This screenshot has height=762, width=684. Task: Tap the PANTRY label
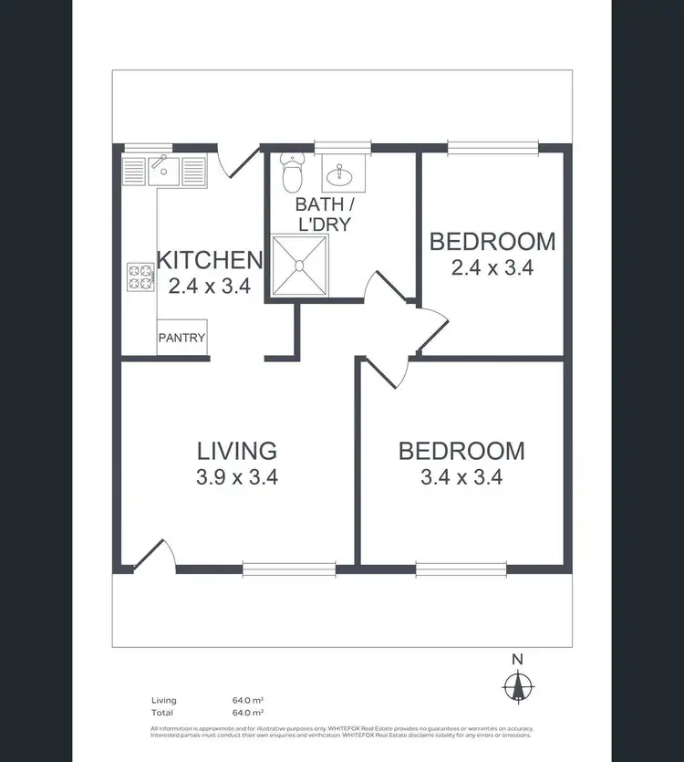tap(182, 338)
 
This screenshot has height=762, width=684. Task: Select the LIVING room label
tap(237, 450)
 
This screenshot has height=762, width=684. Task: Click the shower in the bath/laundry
tap(299, 266)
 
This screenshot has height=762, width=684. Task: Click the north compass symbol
tap(518, 685)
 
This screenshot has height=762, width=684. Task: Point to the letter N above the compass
tap(517, 660)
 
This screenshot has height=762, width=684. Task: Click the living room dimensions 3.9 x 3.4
tap(237, 475)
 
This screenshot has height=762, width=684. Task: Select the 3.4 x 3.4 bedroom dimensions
tap(461, 475)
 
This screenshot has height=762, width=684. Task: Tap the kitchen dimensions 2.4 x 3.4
tap(210, 286)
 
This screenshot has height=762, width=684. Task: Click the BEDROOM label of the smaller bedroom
tap(492, 242)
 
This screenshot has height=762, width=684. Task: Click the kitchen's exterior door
tap(232, 161)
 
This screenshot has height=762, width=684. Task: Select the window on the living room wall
tap(288, 569)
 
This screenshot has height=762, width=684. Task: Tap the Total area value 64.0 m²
tap(248, 711)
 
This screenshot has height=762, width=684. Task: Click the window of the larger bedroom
tap(461, 569)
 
